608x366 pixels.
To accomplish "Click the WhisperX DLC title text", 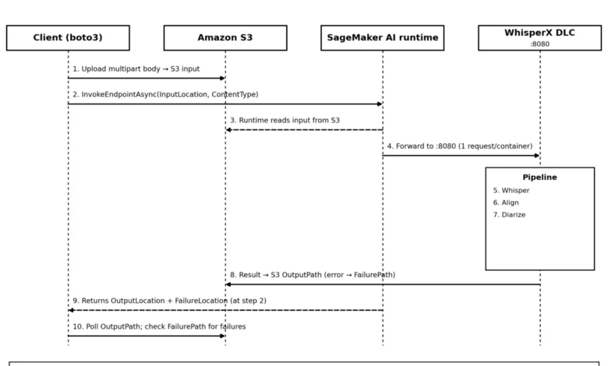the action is [x=539, y=33].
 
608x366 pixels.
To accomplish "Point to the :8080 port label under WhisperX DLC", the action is [x=539, y=44].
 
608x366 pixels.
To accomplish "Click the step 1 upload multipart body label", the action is [x=136, y=69].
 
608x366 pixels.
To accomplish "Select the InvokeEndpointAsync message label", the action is [x=165, y=94].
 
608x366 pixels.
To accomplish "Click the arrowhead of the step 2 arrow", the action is [x=380, y=104].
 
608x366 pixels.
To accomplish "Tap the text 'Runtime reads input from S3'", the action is [x=289, y=121].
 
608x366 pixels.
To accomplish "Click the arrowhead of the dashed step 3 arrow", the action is [x=228, y=130].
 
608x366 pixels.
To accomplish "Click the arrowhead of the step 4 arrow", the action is [x=537, y=156].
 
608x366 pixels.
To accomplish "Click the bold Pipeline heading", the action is [x=539, y=178].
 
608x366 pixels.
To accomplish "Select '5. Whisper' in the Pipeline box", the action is [x=511, y=191].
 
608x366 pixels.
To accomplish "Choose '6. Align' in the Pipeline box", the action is [x=506, y=202].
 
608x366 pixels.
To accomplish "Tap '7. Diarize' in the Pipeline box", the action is [x=509, y=215].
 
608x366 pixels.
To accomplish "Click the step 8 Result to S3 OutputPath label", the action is [x=313, y=275].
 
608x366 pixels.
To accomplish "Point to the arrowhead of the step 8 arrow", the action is [x=228, y=284].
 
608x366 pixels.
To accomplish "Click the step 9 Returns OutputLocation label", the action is [x=169, y=301].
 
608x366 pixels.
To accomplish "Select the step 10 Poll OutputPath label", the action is [x=159, y=326].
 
